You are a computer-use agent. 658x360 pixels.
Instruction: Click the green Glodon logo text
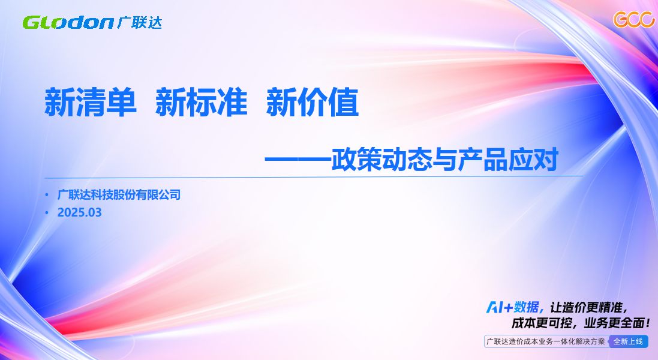point(68,23)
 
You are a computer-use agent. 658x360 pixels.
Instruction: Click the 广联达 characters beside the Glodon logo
point(139,22)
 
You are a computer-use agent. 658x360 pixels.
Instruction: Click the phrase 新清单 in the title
point(91,102)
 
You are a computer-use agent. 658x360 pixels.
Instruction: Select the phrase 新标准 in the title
point(202,102)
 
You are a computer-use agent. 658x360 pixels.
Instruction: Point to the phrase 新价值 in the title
point(313,102)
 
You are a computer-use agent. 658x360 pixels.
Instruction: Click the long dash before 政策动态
point(298,160)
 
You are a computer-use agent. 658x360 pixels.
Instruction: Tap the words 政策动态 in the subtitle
point(381,160)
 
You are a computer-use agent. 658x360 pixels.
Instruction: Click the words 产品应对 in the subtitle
point(508,160)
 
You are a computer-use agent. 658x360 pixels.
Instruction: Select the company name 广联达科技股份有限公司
point(119,194)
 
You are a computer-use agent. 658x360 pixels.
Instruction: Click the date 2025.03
point(79,212)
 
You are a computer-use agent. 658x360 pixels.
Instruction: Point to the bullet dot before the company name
point(47,195)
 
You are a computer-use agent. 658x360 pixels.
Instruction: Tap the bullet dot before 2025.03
point(47,213)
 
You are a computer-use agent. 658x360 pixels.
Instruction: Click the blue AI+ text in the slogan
point(500,308)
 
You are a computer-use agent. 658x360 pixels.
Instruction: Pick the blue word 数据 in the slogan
point(527,308)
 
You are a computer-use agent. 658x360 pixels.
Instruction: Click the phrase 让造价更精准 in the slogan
point(586,308)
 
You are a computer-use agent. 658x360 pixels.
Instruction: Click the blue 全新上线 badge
point(628,341)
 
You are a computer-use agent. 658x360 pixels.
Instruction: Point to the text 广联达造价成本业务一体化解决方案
point(546,341)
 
